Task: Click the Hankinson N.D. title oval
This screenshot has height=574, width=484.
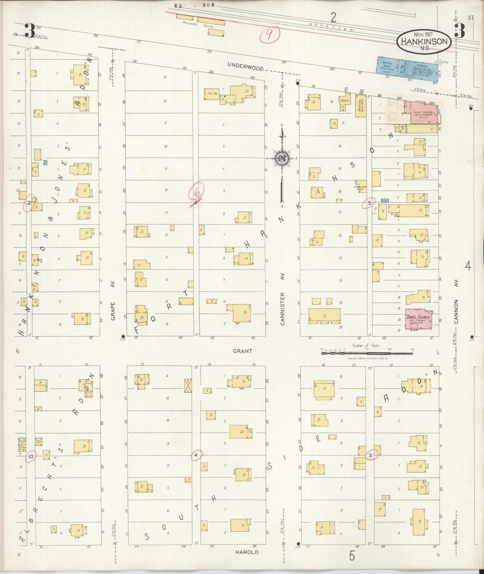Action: tap(424, 42)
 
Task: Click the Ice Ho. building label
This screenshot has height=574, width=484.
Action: tap(212, 93)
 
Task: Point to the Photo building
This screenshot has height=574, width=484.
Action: tap(345, 102)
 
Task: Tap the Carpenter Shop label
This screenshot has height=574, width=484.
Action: tap(360, 188)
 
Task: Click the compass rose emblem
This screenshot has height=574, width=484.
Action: tap(282, 159)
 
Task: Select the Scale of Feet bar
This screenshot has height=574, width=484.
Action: tap(366, 353)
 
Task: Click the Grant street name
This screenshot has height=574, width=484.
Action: tap(242, 351)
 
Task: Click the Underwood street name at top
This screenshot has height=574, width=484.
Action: tap(245, 67)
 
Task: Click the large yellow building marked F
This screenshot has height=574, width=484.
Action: tap(324, 316)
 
